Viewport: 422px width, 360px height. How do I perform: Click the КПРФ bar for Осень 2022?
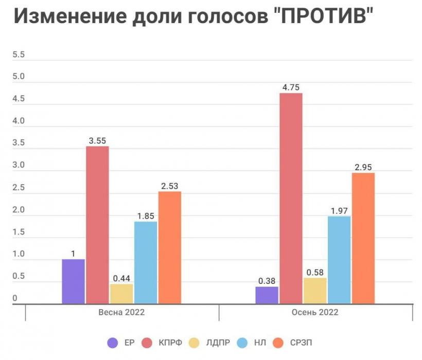click(x=291, y=198)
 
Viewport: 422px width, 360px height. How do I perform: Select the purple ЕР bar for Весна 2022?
click(x=73, y=281)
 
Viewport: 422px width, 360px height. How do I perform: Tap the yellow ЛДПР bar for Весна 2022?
click(x=121, y=294)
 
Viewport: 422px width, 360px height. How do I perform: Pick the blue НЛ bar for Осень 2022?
click(x=339, y=260)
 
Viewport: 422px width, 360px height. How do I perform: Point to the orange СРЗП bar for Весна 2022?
click(x=170, y=247)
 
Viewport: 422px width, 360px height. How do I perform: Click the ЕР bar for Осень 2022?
click(x=267, y=295)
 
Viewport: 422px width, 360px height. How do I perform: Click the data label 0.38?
click(x=267, y=281)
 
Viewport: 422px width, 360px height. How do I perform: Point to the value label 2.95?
click(x=363, y=167)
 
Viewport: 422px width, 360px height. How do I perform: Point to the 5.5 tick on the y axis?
click(x=18, y=55)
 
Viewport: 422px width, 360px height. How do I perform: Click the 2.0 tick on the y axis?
click(x=18, y=210)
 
